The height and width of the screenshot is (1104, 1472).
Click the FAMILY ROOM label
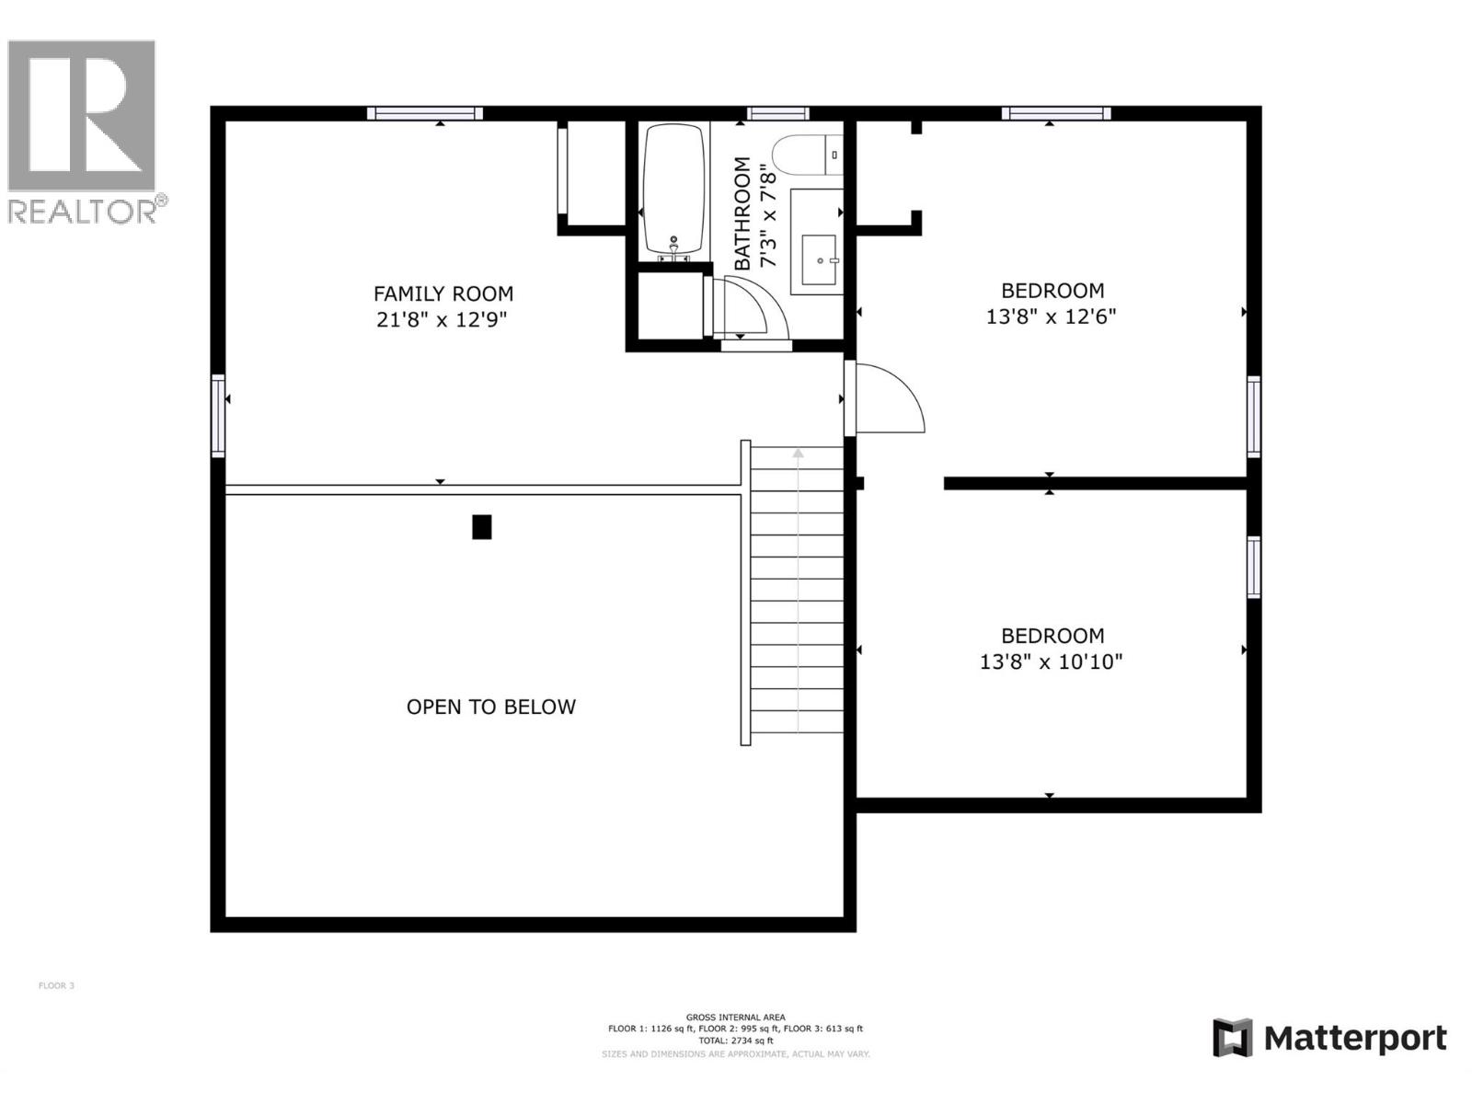(443, 293)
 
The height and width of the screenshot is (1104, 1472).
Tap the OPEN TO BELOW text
(490, 707)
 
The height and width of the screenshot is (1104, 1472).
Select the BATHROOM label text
(742, 213)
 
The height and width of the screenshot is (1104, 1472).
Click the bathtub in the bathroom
(674, 189)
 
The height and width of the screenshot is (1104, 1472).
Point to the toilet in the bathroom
(804, 155)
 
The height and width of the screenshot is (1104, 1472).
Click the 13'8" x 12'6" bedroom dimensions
(1051, 316)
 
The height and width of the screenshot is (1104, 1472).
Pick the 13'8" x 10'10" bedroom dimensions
(1051, 661)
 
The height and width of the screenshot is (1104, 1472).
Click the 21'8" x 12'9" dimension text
(443, 320)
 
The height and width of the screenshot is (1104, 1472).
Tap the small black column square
(481, 526)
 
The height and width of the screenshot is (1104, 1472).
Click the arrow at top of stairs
(798, 453)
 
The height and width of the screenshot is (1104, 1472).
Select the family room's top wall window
(425, 113)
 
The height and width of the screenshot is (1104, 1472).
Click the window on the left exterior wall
(218, 415)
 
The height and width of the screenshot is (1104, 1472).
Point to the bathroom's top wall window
(777, 113)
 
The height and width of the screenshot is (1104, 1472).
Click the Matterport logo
(1328, 1038)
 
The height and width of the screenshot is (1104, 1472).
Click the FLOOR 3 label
(56, 985)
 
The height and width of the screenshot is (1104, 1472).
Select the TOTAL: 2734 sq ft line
(735, 1041)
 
